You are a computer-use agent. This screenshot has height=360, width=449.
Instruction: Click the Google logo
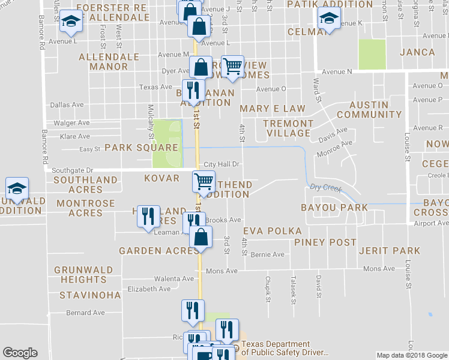[20, 353]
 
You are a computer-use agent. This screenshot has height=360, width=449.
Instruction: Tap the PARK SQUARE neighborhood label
[142, 148]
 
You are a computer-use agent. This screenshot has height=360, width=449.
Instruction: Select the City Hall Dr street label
[222, 164]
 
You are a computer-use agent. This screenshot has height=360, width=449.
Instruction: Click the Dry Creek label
[325, 188]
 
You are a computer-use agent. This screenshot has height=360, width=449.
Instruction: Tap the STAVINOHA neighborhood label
[90, 295]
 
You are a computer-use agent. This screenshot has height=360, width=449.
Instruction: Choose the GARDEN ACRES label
[150, 251]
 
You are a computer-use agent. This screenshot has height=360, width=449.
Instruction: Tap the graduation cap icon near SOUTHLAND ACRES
[17, 187]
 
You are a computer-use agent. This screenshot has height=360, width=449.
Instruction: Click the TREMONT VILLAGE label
[289, 128]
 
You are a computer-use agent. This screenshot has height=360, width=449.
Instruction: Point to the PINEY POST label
[325, 242]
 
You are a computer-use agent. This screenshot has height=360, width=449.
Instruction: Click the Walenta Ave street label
[174, 279]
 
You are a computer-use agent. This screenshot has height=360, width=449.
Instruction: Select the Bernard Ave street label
[85, 313]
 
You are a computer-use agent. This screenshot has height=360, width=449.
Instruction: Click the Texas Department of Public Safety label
[285, 351]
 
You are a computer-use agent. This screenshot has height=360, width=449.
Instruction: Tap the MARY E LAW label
[273, 109]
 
